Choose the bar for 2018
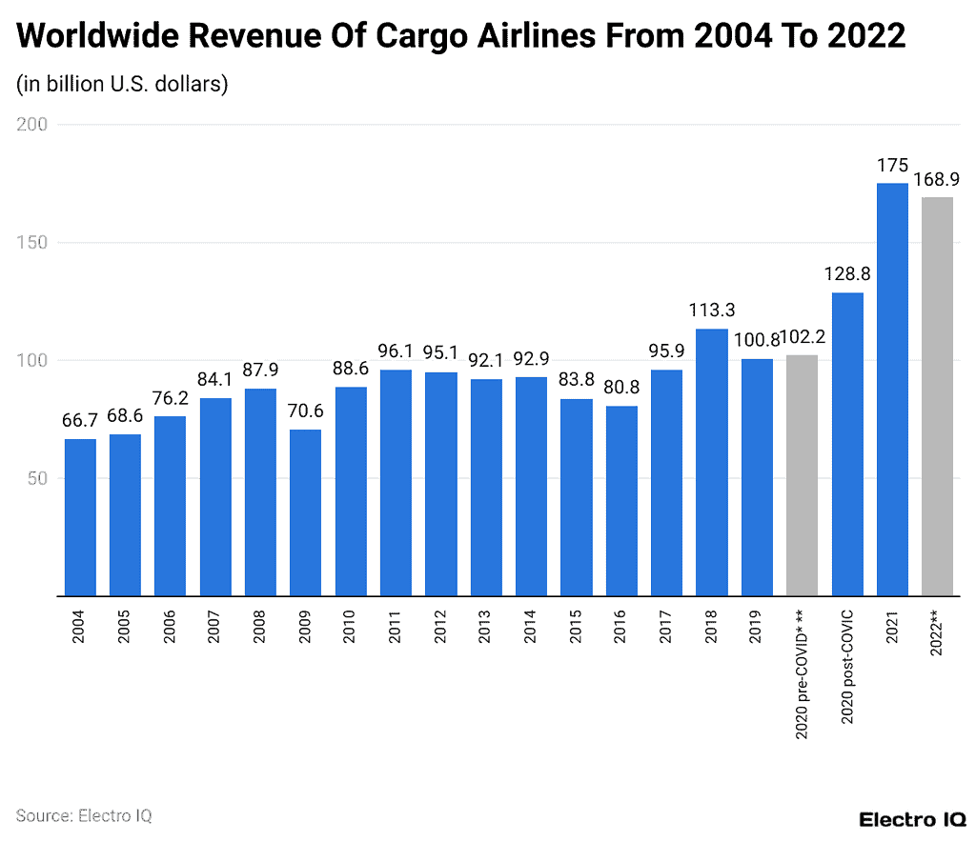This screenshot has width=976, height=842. pyautogui.click(x=711, y=462)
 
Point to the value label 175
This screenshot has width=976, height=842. pyautogui.click(x=892, y=165)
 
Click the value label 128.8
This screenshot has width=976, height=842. pyautogui.click(x=847, y=274)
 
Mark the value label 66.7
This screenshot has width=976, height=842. pyautogui.click(x=80, y=421)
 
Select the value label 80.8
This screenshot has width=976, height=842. pyautogui.click(x=620, y=388)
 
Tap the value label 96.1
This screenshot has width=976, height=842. pyautogui.click(x=396, y=351)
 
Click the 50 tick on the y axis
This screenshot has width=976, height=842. pyautogui.click(x=38, y=478)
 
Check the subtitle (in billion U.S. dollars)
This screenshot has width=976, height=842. pyautogui.click(x=122, y=84)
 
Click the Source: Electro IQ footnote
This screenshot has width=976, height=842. pyautogui.click(x=84, y=815)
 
